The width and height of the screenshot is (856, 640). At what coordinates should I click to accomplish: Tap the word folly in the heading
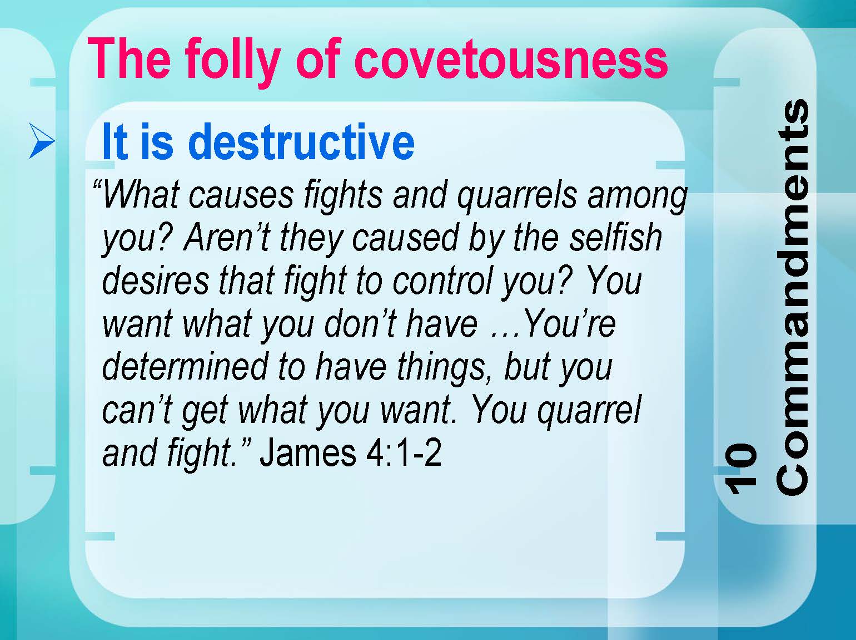pos(233,63)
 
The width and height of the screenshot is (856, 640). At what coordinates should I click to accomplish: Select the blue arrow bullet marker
pos(42,141)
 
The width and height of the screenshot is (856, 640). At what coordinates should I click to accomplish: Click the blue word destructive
pos(301,141)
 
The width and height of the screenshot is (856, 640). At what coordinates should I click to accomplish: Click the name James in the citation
pos(308,452)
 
